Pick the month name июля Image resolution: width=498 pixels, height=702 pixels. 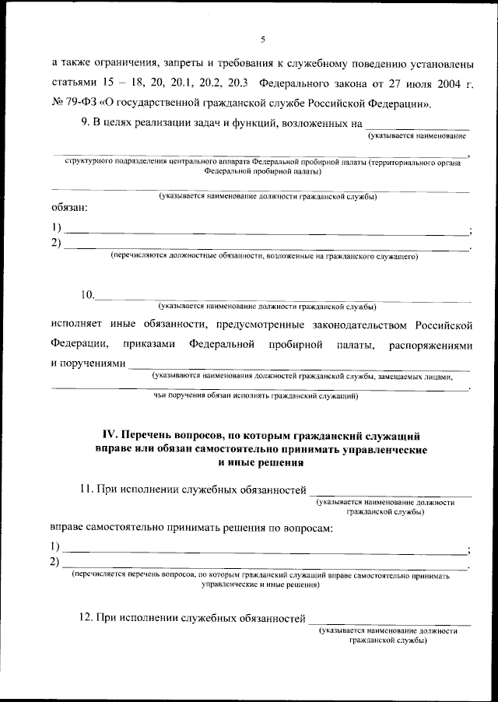(407, 83)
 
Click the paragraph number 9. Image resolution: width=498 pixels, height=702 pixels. (85, 123)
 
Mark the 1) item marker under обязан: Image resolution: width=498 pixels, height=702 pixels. (56, 228)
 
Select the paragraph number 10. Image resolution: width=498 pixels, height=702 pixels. (87, 295)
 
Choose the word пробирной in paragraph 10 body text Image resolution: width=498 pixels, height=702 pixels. (289, 343)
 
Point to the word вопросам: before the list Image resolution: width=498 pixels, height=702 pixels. (304, 528)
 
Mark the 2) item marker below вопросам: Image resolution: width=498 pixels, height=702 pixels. (56, 562)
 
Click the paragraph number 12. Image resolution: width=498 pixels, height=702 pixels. (87, 618)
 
